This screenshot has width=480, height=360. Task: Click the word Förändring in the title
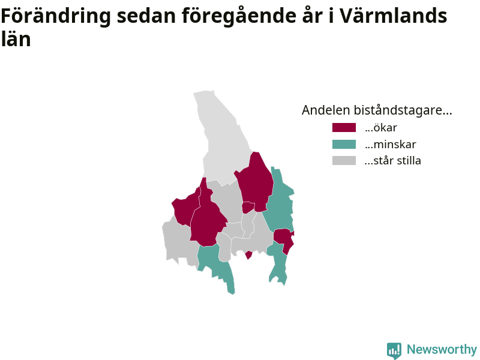pos(56,17)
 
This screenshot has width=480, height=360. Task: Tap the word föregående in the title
pos(239,17)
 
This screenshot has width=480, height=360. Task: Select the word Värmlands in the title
pos(394,16)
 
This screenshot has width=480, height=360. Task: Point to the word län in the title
pos(16,39)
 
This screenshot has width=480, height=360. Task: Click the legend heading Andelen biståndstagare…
pos(377,110)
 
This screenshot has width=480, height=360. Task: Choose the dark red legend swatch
pos(344,127)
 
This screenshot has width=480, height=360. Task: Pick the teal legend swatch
pos(344,144)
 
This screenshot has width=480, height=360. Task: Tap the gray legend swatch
pos(344,160)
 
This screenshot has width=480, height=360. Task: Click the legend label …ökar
pos(381,128)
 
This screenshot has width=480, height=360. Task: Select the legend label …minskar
pos(391,144)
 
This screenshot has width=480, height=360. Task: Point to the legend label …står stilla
pos(393,160)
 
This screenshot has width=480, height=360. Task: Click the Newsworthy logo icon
pos(394,350)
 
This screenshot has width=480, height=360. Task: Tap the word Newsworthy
pos(442,349)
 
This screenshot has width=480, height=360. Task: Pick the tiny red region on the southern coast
pos(248,254)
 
